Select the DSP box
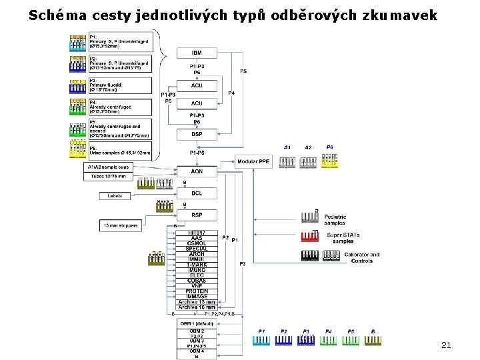point(197,135)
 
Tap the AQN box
point(197,171)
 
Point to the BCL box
point(197,193)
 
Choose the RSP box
point(197,215)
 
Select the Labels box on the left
point(114,196)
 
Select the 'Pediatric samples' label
point(338,219)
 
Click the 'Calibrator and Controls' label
point(361,257)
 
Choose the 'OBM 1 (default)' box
point(197,323)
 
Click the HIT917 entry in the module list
point(197,232)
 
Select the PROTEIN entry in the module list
point(197,291)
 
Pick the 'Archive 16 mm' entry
point(197,307)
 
